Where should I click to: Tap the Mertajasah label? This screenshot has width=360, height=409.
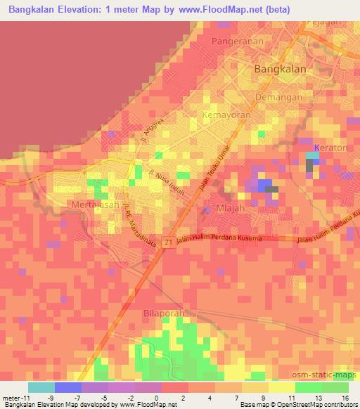pos(96,204)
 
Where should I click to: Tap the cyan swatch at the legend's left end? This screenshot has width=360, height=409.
pos(41,387)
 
